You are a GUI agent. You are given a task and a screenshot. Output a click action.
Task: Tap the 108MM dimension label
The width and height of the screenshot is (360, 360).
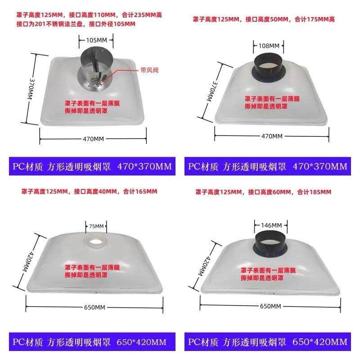click(269, 45)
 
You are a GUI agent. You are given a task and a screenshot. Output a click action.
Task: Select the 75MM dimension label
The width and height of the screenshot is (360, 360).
click(96, 225)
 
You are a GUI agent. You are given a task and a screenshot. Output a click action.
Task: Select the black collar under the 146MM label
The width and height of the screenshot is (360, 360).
click(271, 245)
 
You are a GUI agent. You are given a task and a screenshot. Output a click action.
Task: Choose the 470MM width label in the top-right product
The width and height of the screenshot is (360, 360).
click(272, 135)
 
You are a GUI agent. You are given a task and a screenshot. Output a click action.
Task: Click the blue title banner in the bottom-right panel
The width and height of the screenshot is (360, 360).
click(267, 342)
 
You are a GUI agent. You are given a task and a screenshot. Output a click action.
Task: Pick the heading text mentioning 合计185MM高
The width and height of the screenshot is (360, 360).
click(263, 192)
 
